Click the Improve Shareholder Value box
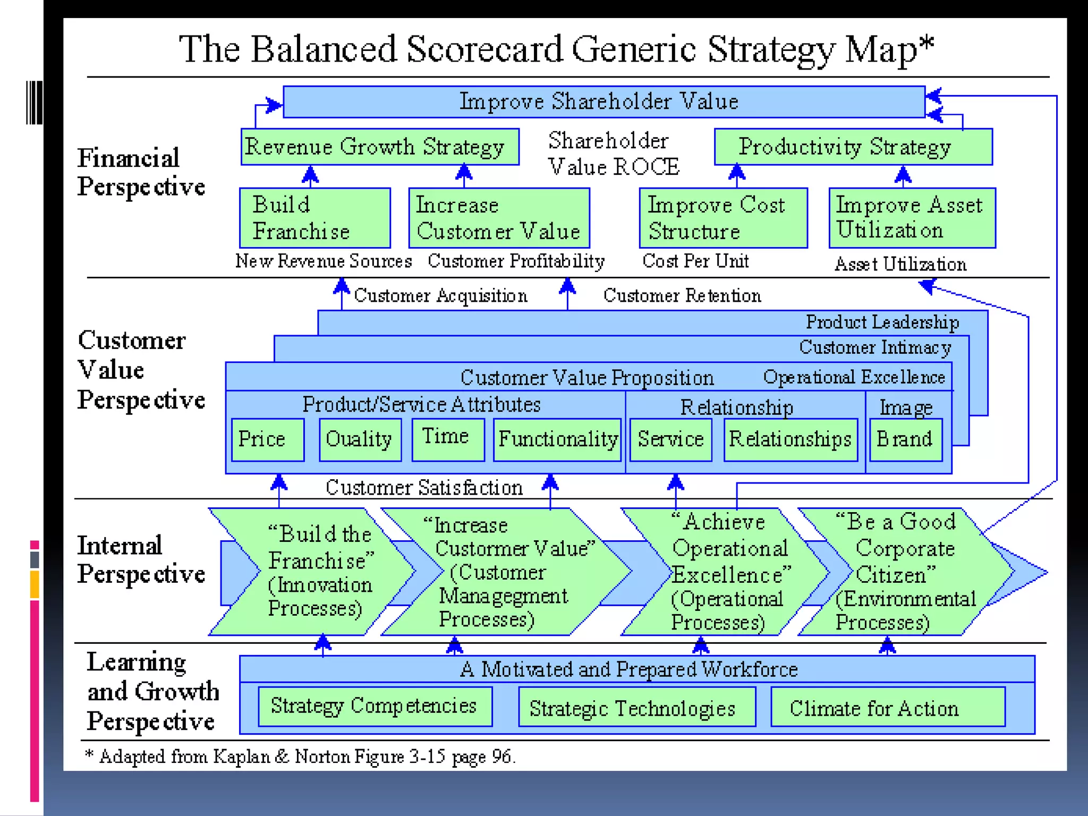point(603,101)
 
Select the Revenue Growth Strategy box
point(379,147)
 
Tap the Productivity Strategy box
point(853,147)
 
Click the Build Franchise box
point(314,218)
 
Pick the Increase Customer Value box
point(499,218)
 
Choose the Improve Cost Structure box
point(723,218)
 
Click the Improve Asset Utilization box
point(912,218)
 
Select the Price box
point(268,439)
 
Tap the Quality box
point(360,439)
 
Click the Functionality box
point(557,439)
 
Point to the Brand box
point(906,439)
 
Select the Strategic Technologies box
point(636,707)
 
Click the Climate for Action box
point(887,707)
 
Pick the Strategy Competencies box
point(375,706)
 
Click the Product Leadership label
point(882,322)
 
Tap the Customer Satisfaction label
point(424,487)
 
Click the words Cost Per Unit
point(695,261)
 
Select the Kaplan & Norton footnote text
point(300,756)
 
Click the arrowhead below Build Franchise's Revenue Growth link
point(310,174)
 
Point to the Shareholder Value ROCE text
point(614,154)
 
